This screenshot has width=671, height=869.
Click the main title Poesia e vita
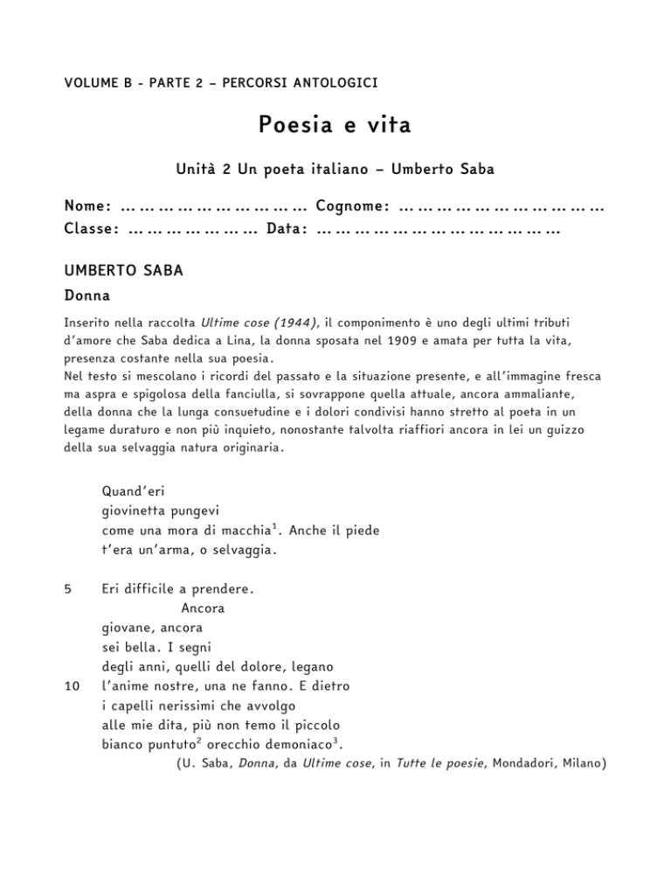click(x=335, y=126)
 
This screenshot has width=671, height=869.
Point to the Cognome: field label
click(x=352, y=206)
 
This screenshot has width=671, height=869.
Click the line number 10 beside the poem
click(x=72, y=686)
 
